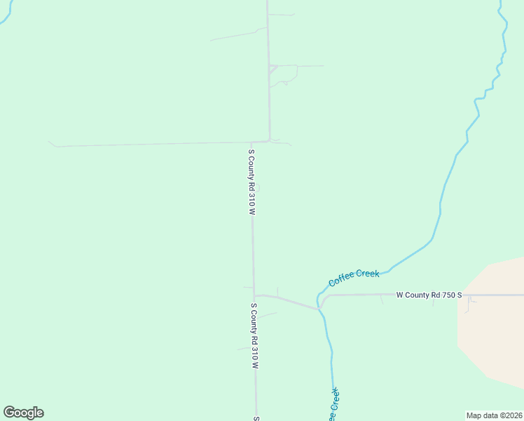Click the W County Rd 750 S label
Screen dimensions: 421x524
click(x=429, y=295)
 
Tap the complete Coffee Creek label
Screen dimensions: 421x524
click(x=354, y=278)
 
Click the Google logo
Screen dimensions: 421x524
click(x=23, y=413)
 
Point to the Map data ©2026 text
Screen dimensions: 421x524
click(x=494, y=415)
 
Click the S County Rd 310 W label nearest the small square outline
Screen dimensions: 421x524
click(x=251, y=181)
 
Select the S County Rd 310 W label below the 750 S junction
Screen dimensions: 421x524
click(x=255, y=336)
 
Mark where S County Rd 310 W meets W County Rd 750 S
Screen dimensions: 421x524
click(x=254, y=295)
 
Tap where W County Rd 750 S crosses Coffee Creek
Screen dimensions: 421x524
click(x=319, y=307)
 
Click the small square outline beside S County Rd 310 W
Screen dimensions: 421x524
click(x=257, y=187)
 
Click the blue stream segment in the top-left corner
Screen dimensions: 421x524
click(x=6, y=15)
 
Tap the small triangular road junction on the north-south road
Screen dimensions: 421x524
click(x=274, y=69)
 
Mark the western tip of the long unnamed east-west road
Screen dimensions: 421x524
click(x=50, y=142)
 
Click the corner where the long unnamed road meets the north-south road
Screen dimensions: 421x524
click(x=269, y=140)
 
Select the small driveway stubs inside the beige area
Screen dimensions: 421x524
click(x=469, y=302)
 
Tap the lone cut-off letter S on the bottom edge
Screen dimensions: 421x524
click(x=256, y=418)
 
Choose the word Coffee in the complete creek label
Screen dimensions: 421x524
click(x=342, y=281)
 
